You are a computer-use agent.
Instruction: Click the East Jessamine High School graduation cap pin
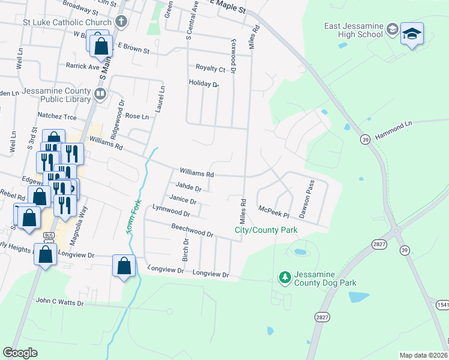coord(412,34)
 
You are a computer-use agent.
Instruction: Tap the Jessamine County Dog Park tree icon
coord(285,277)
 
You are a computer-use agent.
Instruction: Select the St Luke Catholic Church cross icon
coord(121,23)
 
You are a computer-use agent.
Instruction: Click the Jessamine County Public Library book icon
coord(101,93)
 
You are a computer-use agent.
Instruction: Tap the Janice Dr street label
coord(182,200)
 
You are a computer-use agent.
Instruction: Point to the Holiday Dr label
coord(203,83)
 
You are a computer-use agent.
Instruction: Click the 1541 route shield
coord(442,305)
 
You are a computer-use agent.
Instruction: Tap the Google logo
coord(20,353)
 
